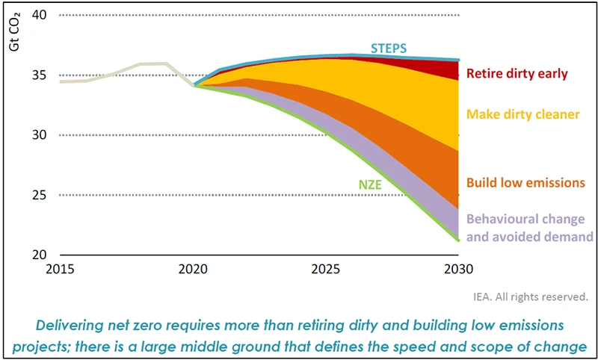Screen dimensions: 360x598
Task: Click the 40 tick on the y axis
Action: tap(37, 15)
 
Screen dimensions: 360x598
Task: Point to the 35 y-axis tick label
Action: tap(37, 75)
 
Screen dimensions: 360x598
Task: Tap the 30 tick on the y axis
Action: tap(37, 135)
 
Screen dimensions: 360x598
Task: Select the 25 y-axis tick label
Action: tap(37, 195)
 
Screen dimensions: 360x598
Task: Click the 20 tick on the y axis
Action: tap(37, 255)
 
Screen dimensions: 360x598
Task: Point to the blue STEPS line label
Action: tap(389, 48)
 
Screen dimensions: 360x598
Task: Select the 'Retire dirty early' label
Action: tap(517, 73)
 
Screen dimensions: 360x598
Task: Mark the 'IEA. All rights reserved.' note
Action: tap(531, 296)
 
